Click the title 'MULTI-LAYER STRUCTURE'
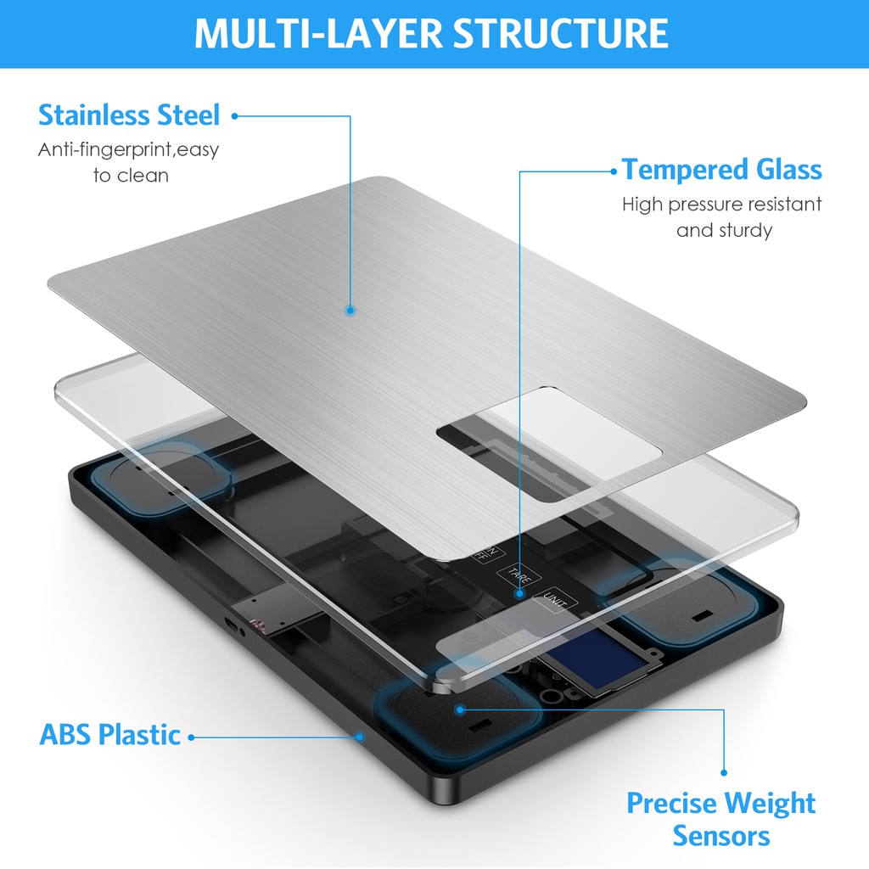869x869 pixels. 431,33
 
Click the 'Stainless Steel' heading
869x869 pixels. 129,115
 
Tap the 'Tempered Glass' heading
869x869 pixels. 721,169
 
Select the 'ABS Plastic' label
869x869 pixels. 109,735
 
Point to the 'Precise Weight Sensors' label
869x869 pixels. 721,819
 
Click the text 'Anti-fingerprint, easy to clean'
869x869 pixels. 129,162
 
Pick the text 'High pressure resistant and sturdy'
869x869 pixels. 722,216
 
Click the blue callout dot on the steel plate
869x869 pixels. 350,311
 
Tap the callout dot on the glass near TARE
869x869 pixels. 519,593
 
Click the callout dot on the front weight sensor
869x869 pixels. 459,709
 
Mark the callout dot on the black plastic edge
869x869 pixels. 360,737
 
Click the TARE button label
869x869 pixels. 519,576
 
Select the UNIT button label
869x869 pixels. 555,600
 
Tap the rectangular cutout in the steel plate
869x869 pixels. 549,445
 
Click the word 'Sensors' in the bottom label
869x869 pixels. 721,835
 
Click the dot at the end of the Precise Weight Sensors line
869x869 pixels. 724,772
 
